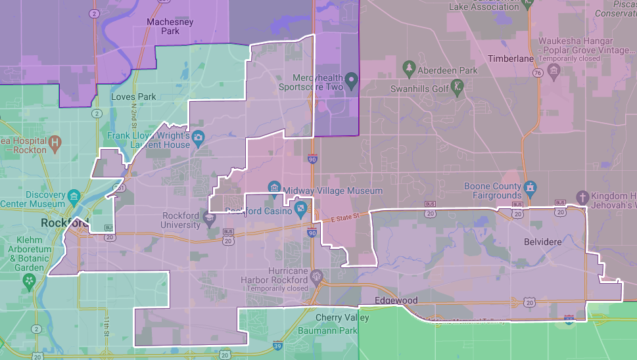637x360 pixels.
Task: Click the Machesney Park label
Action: tap(162, 25)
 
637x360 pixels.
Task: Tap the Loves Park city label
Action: tap(133, 97)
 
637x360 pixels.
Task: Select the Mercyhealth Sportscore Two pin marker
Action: tap(351, 81)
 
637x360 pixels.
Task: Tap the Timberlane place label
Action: tap(511, 58)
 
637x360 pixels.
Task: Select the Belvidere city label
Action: tap(542, 242)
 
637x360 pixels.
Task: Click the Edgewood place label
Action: tap(396, 300)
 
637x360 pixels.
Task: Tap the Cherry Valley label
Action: tap(342, 317)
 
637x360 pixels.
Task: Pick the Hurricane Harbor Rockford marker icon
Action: tap(318, 275)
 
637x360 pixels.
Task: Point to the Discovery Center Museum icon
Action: tap(74, 196)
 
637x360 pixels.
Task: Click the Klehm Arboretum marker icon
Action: tap(30, 282)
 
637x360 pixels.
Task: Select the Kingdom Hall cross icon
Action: tap(582, 196)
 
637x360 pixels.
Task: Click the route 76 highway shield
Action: tap(538, 73)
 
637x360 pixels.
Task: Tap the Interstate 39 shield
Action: tap(277, 345)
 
